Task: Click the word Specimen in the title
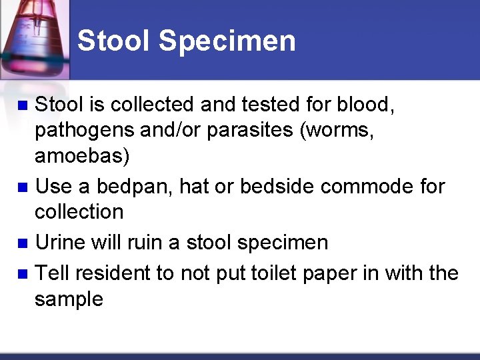pyautogui.click(x=227, y=41)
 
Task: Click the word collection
pyautogui.click(x=79, y=212)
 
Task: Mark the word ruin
pyautogui.click(x=141, y=243)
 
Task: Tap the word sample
pyautogui.click(x=69, y=299)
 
